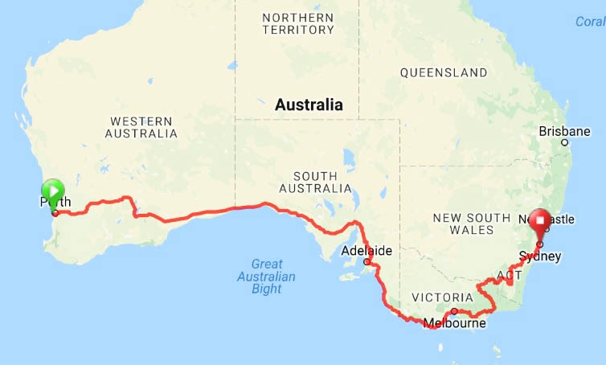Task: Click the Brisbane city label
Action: coord(564,131)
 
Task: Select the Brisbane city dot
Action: coord(565,143)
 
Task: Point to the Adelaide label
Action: coord(366,251)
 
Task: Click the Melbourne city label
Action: coord(454,324)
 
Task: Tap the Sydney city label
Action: coord(540,256)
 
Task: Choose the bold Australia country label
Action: coord(309,105)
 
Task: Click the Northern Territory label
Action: coord(297,23)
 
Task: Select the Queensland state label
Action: coord(444,72)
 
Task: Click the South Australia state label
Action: coord(315,182)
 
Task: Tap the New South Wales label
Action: coord(471,224)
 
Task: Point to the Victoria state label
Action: coord(436,297)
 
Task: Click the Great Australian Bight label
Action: coord(272,277)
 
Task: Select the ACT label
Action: coord(509,275)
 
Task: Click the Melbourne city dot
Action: coord(454,311)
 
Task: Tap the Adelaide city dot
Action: coord(366,261)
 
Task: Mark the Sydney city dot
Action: coord(539,244)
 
